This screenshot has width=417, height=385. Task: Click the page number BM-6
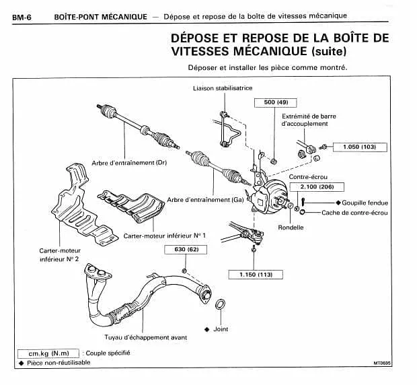22,17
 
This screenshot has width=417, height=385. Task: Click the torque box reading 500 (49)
276,103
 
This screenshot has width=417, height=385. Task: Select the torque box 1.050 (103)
360,147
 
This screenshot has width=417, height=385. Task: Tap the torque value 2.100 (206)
317,187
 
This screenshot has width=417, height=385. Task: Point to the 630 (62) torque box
186,250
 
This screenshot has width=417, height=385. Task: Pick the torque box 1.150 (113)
256,275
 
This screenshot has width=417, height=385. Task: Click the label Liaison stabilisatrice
223,88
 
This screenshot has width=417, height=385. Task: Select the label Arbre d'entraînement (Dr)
129,163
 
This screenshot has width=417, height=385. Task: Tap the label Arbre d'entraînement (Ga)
205,199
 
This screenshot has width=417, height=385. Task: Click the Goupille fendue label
365,203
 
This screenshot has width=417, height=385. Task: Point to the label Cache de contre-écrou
354,213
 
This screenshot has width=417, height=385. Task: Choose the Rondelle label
291,228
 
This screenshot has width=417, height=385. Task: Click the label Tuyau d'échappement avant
146,337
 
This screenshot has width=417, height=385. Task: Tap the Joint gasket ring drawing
220,300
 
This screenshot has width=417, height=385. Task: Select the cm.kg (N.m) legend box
48,353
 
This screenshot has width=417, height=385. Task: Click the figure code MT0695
382,363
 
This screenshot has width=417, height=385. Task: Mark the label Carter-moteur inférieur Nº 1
164,236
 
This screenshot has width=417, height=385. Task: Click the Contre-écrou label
308,177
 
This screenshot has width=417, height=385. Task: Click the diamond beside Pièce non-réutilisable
22,363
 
